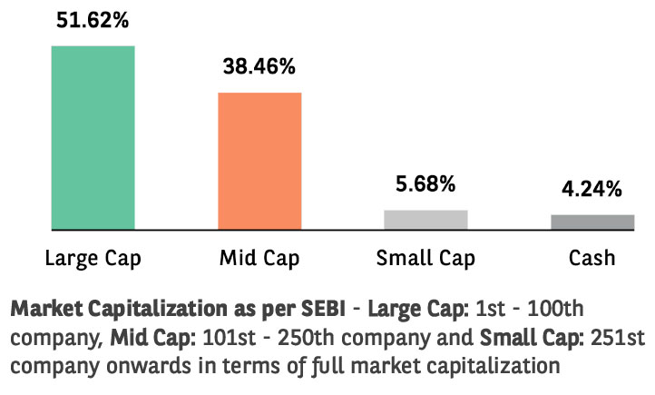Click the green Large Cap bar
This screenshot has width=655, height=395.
click(x=93, y=137)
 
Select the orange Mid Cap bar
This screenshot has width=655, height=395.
click(x=259, y=161)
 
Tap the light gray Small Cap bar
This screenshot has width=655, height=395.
click(x=425, y=219)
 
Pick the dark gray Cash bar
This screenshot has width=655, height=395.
click(x=592, y=222)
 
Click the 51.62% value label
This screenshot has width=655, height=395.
click(x=93, y=19)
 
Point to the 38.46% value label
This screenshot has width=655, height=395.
click(x=259, y=66)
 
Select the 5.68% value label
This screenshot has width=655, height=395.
click(x=425, y=184)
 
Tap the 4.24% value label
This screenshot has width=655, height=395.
click(x=592, y=189)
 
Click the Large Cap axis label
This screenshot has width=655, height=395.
click(x=93, y=258)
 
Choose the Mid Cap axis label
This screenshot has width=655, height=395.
click(x=259, y=258)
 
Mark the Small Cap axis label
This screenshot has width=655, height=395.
click(x=426, y=258)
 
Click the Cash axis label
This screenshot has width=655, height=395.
click(x=592, y=258)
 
